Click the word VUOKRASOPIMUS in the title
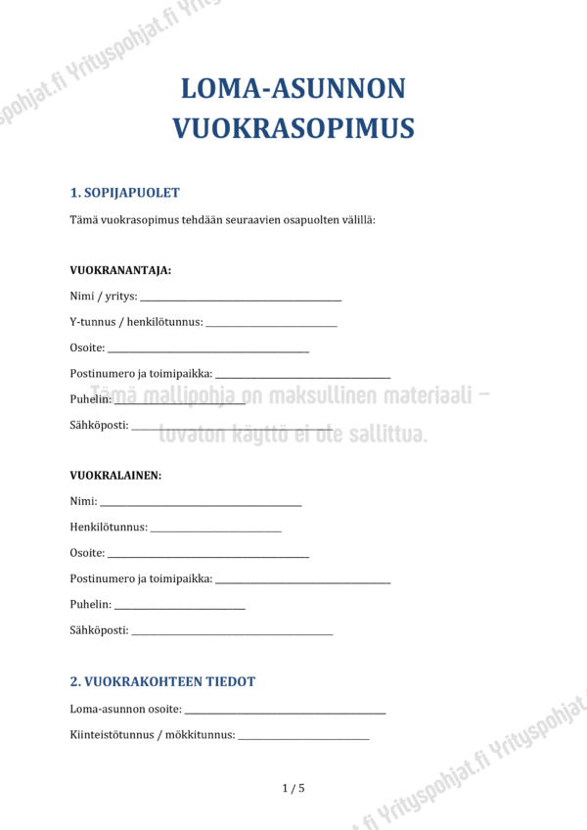click(x=293, y=128)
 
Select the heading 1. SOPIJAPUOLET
click(x=124, y=193)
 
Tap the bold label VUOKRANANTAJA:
click(x=120, y=270)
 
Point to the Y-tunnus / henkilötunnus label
click(x=136, y=322)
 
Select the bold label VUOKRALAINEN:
click(x=115, y=476)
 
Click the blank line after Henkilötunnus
click(x=216, y=530)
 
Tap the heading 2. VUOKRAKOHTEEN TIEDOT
click(x=162, y=681)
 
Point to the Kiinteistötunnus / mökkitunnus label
click(x=153, y=735)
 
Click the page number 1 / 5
click(x=293, y=788)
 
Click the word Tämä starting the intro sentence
click(x=84, y=220)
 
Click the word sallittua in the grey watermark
click(x=383, y=434)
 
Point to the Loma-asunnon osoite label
click(x=125, y=709)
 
